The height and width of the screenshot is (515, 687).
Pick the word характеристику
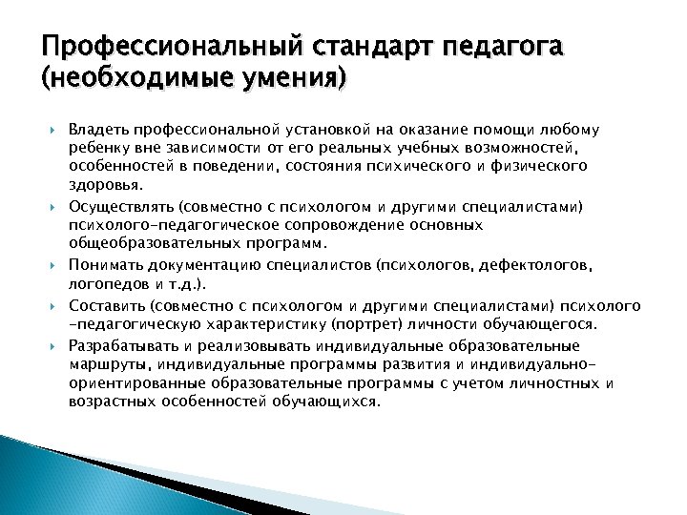coord(204,325)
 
